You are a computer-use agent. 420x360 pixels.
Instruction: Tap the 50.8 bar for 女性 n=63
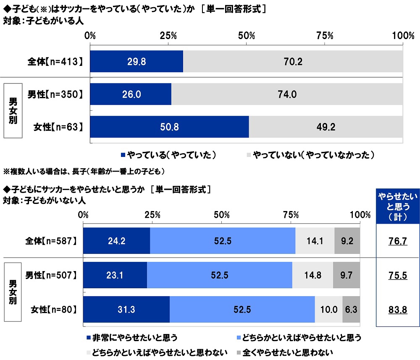[x=169, y=127]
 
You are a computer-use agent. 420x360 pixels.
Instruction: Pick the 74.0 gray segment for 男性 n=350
[x=287, y=94]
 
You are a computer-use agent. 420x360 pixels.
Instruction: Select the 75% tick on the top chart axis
[x=325, y=36]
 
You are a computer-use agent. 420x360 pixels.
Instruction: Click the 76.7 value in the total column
[x=397, y=241]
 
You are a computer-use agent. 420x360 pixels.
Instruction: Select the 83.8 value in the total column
[x=397, y=310]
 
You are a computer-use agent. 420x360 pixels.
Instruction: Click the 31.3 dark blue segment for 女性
[x=126, y=310]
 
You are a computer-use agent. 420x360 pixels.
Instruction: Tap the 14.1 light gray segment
[x=315, y=241]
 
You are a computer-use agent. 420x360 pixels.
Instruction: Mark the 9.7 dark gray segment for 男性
[x=346, y=275]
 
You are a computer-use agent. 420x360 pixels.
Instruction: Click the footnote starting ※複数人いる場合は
[x=84, y=171]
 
